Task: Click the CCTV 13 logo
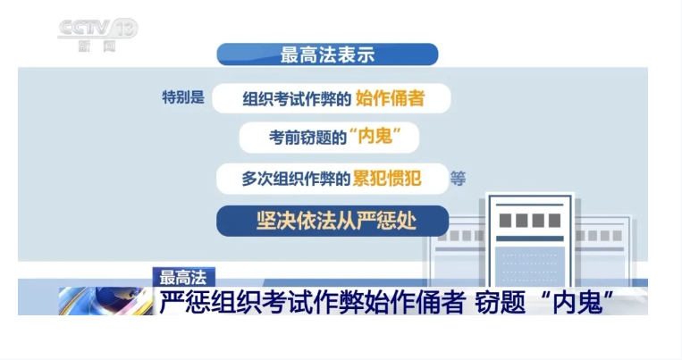pos(97,32)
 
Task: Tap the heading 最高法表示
pos(327,54)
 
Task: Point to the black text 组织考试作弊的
pos(298,98)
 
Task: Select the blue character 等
pos(459,178)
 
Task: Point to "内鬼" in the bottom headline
pos(579,302)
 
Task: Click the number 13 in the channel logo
pos(126,28)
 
